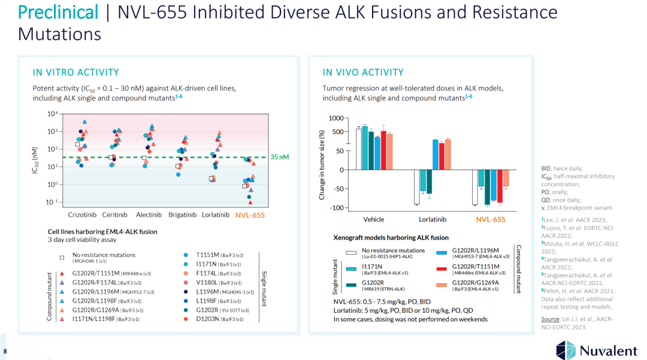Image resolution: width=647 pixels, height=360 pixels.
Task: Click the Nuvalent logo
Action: click(597, 348)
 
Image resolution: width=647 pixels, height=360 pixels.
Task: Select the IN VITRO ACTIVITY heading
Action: click(75, 72)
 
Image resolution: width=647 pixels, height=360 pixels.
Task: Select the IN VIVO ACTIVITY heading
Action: click(363, 72)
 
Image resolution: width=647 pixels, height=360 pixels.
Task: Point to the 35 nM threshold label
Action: click(280, 157)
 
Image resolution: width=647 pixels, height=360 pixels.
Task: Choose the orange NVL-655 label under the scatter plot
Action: click(250, 215)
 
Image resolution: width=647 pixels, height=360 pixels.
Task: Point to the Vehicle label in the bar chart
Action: click(374, 220)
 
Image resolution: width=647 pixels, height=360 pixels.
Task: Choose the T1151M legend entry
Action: click(207, 255)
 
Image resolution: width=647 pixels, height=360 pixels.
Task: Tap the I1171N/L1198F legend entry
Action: click(96, 319)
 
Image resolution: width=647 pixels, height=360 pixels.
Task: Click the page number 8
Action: click(5, 350)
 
